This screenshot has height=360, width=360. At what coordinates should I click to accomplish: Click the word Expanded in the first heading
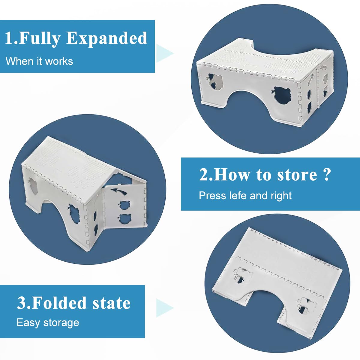click(107, 38)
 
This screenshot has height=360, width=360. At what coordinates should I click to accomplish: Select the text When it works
click(39, 61)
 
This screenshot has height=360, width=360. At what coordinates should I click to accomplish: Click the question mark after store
click(327, 174)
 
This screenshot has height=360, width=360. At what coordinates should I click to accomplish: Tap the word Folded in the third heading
click(59, 303)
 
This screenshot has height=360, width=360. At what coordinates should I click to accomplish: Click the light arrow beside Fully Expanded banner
click(164, 53)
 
